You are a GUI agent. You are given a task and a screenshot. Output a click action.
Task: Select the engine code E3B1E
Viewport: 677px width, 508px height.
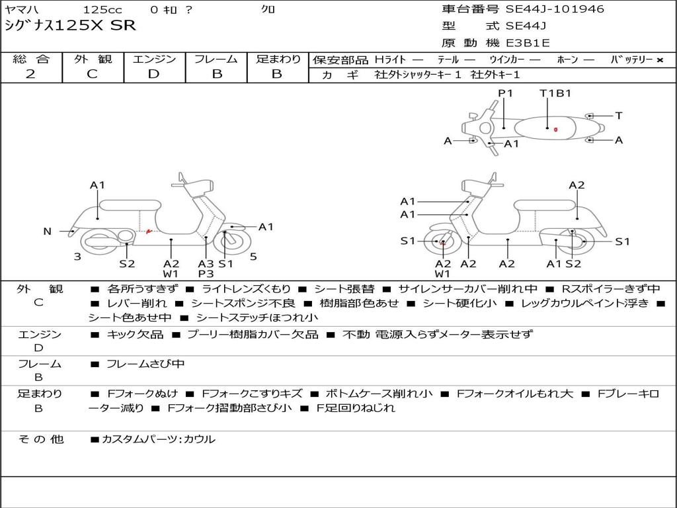pos(528,43)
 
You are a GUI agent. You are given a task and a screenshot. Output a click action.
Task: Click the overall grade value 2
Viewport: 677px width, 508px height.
pos(30,73)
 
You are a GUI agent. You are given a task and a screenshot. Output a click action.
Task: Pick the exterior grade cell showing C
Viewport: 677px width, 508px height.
pos(93,73)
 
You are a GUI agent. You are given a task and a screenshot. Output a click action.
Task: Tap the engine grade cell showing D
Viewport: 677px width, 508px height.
pos(153,73)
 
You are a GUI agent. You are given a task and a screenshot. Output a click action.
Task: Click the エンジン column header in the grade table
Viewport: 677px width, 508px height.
pos(154,59)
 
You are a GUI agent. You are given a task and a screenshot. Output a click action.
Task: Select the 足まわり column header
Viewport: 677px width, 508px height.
pos(278,59)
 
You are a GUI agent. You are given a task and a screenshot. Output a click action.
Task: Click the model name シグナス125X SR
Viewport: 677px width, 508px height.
pos(70,26)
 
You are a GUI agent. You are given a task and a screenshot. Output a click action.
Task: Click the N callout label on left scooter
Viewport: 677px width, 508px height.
pos(48,232)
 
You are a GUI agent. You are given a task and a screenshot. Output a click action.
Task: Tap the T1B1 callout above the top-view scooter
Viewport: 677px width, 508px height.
pos(555,93)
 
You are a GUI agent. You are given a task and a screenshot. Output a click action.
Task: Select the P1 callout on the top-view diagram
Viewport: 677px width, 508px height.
pos(506,93)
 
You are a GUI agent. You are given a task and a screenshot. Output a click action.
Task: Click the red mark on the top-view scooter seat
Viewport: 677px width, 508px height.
pos(556,130)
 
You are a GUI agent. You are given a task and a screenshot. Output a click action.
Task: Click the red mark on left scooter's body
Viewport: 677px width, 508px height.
pos(149,230)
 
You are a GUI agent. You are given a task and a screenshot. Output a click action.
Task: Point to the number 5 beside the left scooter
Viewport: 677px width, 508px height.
pos(253,257)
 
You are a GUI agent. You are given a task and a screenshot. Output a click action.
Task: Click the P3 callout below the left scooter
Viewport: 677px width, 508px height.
pos(206,273)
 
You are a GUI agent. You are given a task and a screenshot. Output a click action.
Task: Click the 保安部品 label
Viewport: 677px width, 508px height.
pos(340,60)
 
